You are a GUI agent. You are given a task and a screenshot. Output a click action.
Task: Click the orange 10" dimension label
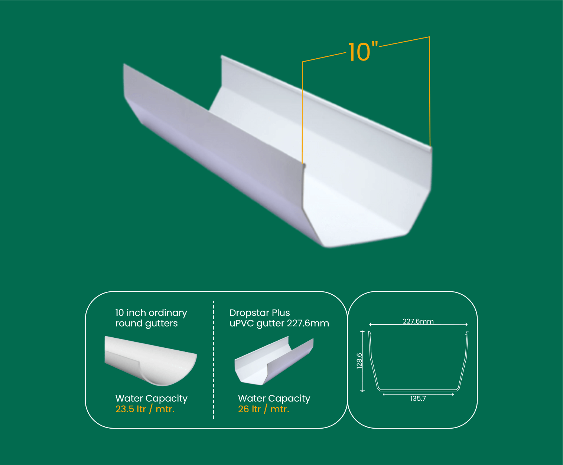click(363, 52)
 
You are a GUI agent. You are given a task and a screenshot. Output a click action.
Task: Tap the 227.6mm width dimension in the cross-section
click(418, 321)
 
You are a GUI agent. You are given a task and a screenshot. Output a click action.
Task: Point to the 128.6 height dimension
click(359, 361)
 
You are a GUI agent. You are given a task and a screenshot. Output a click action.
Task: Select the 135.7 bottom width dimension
click(418, 399)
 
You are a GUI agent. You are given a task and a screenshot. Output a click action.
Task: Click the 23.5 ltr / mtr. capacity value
click(145, 409)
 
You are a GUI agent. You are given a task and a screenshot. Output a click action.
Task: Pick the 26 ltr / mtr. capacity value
click(263, 409)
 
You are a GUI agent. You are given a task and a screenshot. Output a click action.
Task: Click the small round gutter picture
click(150, 360)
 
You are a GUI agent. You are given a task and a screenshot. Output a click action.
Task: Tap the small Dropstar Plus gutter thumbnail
click(274, 360)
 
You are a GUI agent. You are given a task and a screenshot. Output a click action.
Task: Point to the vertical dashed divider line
click(213, 360)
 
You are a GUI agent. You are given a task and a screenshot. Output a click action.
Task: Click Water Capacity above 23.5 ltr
click(151, 398)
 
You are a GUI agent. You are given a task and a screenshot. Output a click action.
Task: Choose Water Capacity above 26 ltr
click(274, 398)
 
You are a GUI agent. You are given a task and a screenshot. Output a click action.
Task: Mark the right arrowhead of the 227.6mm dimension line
click(466, 324)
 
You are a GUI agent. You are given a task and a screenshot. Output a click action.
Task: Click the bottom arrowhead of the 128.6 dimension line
click(362, 390)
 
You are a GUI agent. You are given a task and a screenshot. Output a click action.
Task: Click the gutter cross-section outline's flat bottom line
click(418, 390)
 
